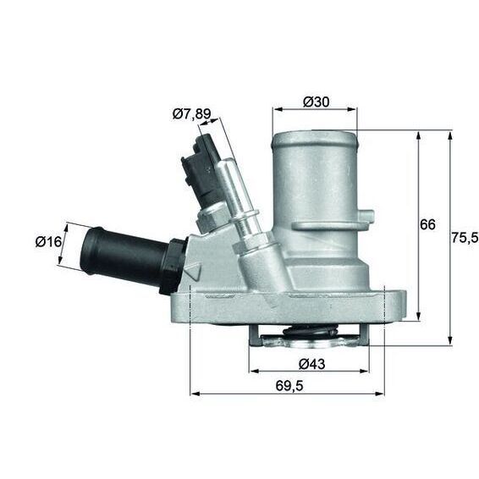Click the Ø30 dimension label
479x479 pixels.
tap(315, 102)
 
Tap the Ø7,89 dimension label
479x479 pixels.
tap(190, 113)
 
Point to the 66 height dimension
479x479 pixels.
tap(427, 224)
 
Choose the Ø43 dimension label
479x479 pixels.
tap(314, 364)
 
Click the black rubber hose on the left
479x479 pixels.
tap(123, 253)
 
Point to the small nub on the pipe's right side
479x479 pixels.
tap(369, 214)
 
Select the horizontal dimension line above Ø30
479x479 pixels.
tap(314, 110)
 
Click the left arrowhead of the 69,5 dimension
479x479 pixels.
tap(194, 394)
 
